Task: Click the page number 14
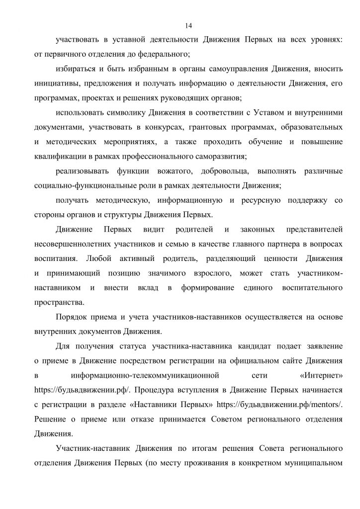[188, 25]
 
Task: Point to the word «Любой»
[100, 259]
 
